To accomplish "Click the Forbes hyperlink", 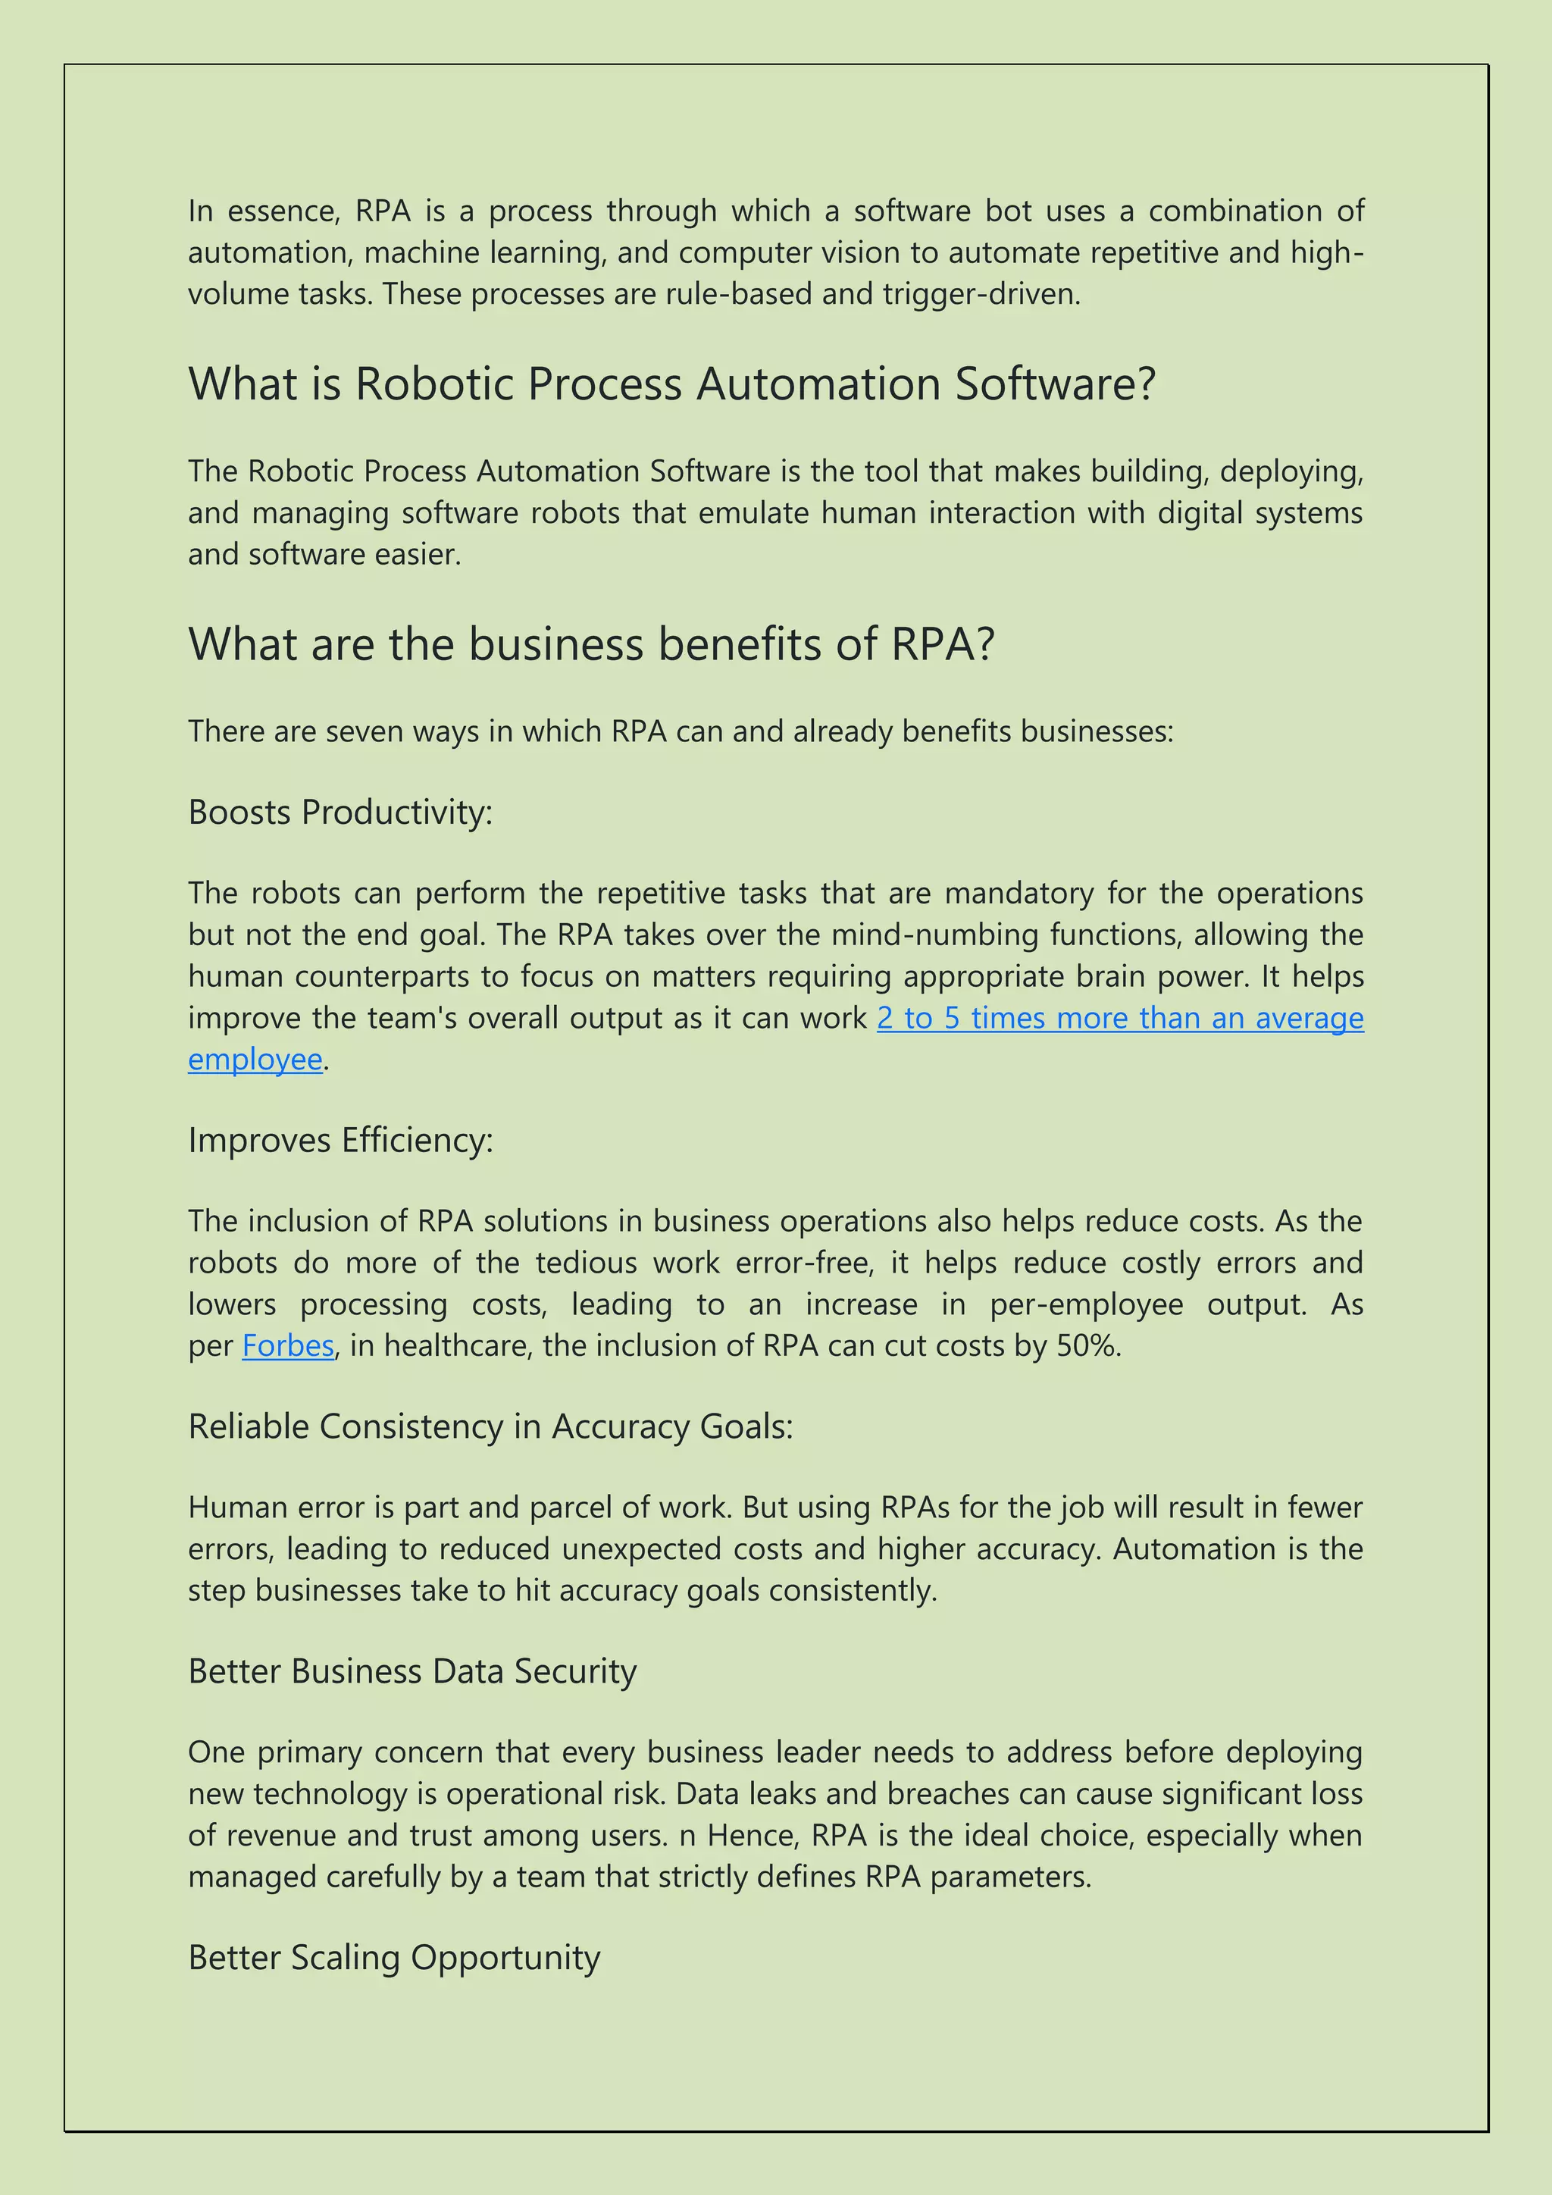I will point(288,1346).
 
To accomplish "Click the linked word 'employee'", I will point(255,1060).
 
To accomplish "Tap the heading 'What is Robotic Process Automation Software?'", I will point(672,384).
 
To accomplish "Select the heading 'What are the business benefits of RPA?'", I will point(592,644).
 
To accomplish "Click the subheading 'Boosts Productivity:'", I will point(340,813).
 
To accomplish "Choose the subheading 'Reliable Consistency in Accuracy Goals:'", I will point(490,1426).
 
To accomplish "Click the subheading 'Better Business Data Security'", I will point(412,1671).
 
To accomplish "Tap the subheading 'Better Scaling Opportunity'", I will point(394,1958).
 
